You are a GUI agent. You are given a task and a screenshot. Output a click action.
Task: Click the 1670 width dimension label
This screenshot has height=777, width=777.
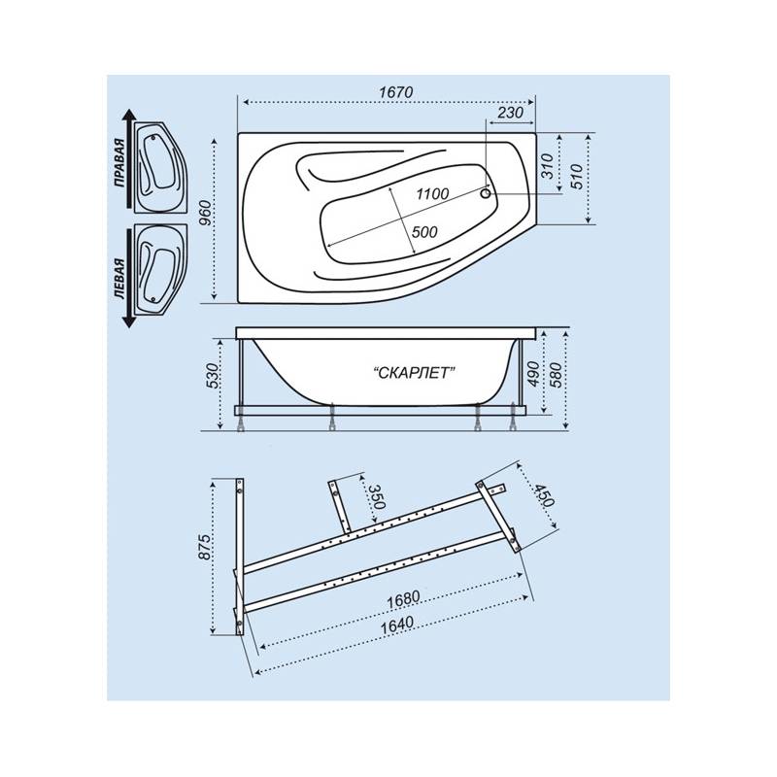(x=395, y=92)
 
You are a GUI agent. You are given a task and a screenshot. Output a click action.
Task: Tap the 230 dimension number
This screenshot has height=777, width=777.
(x=510, y=113)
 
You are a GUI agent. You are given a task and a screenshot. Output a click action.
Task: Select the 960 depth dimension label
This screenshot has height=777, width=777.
(x=205, y=213)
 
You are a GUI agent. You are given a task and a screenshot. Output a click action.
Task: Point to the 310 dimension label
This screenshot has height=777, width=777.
(x=547, y=166)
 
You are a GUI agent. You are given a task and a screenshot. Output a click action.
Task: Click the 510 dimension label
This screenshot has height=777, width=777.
(x=577, y=177)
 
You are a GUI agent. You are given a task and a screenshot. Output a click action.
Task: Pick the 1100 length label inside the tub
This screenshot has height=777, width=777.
(x=432, y=193)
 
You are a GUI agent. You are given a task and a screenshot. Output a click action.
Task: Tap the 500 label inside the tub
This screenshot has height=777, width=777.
(x=424, y=232)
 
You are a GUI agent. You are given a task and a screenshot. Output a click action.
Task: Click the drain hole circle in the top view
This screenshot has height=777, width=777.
(x=487, y=193)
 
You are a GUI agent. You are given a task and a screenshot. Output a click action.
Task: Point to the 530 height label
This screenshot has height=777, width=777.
(x=212, y=376)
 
